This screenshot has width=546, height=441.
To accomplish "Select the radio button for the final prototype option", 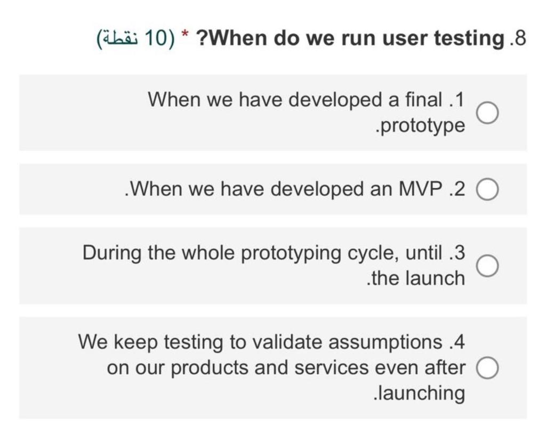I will (487, 113).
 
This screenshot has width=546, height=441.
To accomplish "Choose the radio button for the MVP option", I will (487, 189).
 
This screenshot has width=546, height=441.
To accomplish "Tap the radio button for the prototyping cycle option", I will (487, 266).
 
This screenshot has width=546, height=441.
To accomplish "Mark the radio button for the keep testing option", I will (487, 368).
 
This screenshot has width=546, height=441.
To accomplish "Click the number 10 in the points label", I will (156, 39).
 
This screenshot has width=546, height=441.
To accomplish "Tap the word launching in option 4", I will (422, 394).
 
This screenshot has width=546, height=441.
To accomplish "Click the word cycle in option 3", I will (373, 253).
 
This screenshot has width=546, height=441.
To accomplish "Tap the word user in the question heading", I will (377, 39).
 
